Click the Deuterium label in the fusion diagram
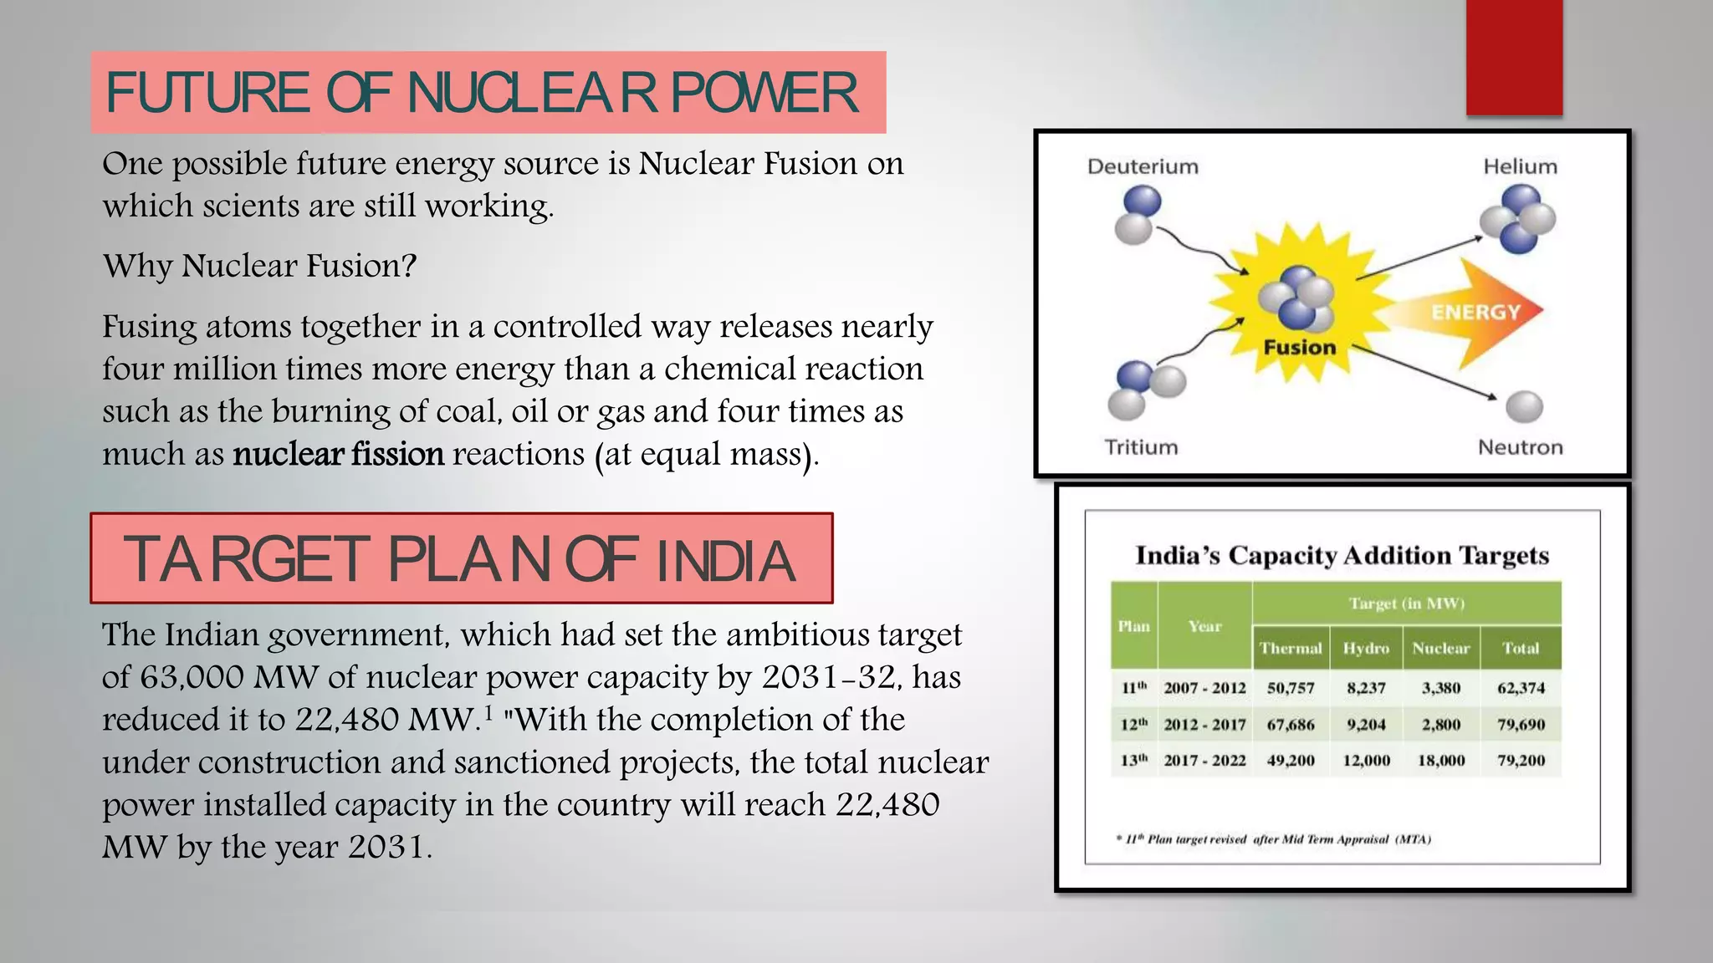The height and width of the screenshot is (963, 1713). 1143,166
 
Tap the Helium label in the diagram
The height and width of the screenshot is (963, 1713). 1520,166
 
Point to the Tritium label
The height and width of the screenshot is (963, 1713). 1141,447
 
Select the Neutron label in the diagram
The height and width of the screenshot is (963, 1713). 1520,447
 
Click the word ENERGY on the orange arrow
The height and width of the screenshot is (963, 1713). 1475,312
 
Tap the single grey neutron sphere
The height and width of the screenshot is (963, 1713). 1524,407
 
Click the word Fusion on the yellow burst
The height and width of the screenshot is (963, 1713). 1299,347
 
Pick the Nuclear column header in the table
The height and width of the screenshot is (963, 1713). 1440,648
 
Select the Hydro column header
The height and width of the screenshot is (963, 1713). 1365,648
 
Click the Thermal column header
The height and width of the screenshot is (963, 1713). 1291,648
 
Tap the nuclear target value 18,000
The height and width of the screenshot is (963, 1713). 1440,761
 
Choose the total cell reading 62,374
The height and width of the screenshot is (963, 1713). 1521,688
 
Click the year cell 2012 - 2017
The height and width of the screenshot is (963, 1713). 1204,725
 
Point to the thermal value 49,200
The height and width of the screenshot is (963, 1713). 1291,761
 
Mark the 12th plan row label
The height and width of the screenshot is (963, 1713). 1133,725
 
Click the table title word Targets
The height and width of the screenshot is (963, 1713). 1504,555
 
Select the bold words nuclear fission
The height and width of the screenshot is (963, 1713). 338,454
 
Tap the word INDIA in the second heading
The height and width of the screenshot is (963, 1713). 725,560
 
